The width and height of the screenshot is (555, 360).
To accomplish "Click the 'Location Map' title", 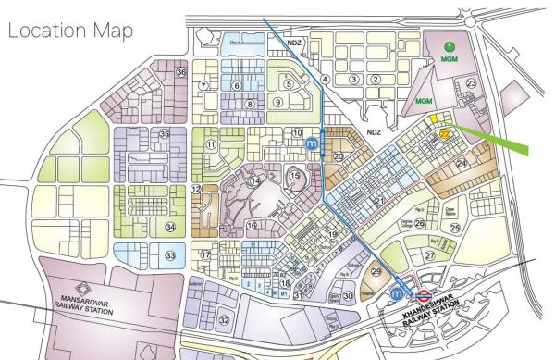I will (x=70, y=30).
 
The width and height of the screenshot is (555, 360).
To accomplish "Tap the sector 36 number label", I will (x=181, y=72).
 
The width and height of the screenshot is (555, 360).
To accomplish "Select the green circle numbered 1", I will (x=450, y=46).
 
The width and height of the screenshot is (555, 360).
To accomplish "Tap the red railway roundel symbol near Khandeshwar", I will (x=422, y=297).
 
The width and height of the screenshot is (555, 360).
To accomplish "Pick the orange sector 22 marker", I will (x=445, y=133).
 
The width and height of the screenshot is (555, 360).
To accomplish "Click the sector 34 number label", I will (x=169, y=226).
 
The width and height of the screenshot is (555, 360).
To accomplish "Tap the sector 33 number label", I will (x=169, y=255).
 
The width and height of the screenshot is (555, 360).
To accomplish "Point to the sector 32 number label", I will (x=224, y=320).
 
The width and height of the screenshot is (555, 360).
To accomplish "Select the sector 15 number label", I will (x=294, y=176).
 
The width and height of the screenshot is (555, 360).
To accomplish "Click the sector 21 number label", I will (x=378, y=201).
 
